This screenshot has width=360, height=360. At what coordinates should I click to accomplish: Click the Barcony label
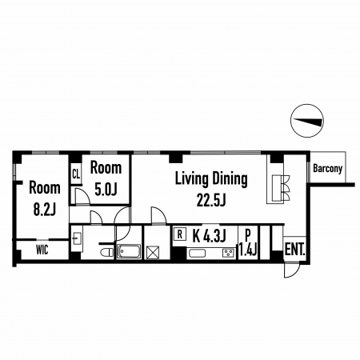[x=327, y=169]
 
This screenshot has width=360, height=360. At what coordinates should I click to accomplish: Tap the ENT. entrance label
[x=294, y=250]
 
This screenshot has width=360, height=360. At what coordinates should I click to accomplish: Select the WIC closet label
[x=42, y=250]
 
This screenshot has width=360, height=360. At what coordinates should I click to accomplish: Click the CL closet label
[x=76, y=174]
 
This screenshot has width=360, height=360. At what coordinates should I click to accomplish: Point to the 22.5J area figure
[x=211, y=200]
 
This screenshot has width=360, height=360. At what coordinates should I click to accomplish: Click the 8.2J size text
[x=45, y=209]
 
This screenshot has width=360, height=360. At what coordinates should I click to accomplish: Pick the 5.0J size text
[x=106, y=189]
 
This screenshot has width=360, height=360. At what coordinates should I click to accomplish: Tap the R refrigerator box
[x=180, y=234]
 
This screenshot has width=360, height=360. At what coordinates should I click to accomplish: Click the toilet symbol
[x=107, y=252]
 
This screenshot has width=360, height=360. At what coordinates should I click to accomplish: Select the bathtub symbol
[x=129, y=251]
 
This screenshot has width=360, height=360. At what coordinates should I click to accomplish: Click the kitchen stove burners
[x=228, y=253]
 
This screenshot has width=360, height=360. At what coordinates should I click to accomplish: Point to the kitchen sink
[x=197, y=253]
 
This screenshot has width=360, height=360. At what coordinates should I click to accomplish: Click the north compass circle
[x=307, y=121]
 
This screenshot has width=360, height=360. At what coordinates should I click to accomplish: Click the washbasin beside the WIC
[x=77, y=238]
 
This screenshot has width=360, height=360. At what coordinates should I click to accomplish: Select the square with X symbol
[x=153, y=252]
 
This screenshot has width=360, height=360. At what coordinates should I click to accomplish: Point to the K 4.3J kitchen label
[x=210, y=235]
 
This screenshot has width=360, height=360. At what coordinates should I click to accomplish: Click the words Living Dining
[x=211, y=179]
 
